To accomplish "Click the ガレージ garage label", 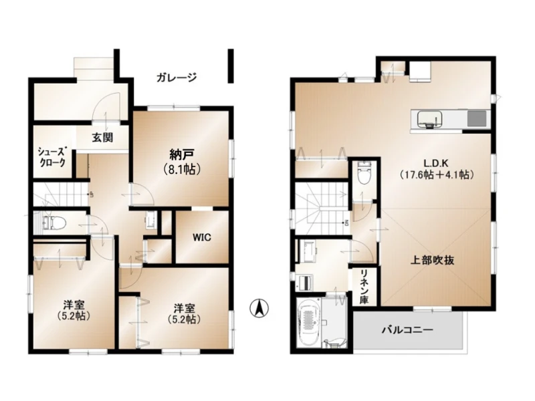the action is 177,77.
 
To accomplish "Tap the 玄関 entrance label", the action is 102,138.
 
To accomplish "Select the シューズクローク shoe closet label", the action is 52,157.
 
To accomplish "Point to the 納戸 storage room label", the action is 182,155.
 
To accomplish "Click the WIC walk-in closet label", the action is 201,237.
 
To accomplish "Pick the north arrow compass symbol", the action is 259,308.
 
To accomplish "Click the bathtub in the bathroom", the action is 310,322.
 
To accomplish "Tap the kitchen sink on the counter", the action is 430,119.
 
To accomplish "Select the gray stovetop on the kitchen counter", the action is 477,119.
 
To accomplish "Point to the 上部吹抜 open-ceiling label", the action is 432,261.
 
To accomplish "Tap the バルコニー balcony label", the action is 407,330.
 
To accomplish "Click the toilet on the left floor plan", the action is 54,223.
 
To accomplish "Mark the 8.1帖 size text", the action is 182,169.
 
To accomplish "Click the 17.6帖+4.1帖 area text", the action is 437,175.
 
